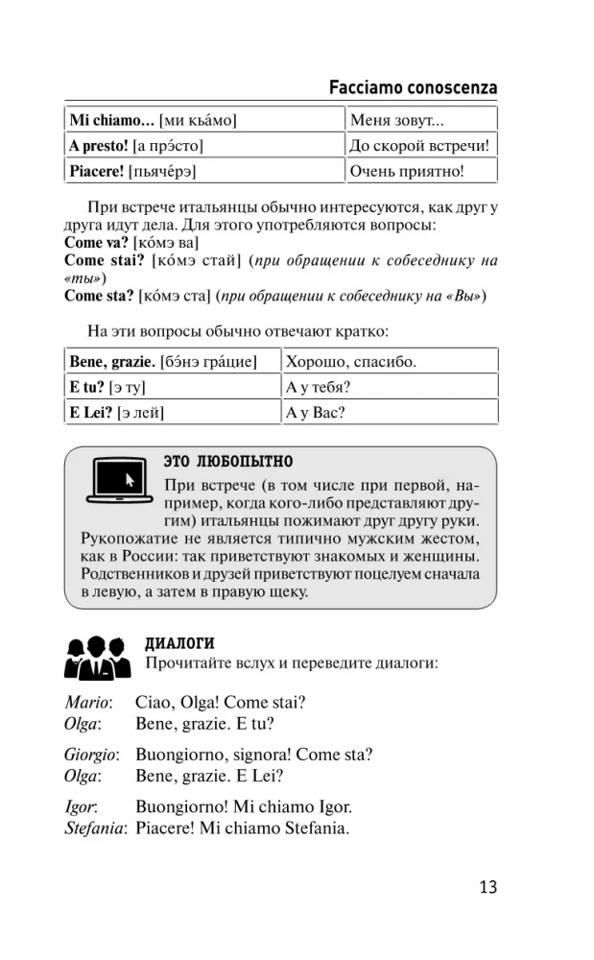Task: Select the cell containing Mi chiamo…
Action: (203, 120)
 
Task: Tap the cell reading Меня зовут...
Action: (420, 120)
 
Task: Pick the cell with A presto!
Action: (203, 146)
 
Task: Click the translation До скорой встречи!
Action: (420, 146)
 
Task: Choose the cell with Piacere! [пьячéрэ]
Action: (203, 172)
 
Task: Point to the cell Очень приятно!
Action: (420, 172)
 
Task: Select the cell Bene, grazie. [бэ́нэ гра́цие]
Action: (173, 362)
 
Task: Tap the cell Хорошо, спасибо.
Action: (389, 362)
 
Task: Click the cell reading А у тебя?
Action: (389, 388)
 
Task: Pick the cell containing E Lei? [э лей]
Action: (173, 414)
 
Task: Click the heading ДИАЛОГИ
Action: (179, 643)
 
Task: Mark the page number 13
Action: (487, 886)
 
